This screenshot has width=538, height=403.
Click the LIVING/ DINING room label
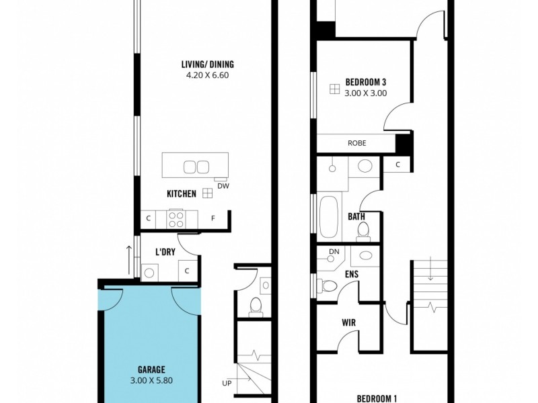click(x=207, y=64)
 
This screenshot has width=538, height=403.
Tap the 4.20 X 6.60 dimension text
click(x=207, y=75)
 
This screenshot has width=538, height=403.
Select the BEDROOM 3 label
click(x=365, y=82)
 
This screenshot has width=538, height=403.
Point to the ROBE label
click(x=356, y=143)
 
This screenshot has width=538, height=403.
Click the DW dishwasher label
click(x=222, y=186)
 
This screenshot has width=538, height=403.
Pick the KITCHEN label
click(x=182, y=194)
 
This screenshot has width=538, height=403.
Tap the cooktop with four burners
click(x=176, y=218)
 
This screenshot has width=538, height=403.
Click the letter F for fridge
click(x=213, y=218)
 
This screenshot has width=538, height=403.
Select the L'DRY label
click(x=165, y=252)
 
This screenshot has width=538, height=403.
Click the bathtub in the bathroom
click(x=329, y=216)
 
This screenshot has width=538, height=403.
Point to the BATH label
click(x=356, y=217)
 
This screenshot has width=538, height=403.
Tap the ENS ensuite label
click(x=352, y=274)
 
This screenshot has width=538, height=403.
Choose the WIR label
click(x=348, y=323)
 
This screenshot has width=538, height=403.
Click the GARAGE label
click(x=151, y=369)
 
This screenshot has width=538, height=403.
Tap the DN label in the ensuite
click(x=334, y=253)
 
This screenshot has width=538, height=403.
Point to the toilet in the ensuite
click(x=329, y=285)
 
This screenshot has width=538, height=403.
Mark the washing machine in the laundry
click(x=149, y=271)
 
